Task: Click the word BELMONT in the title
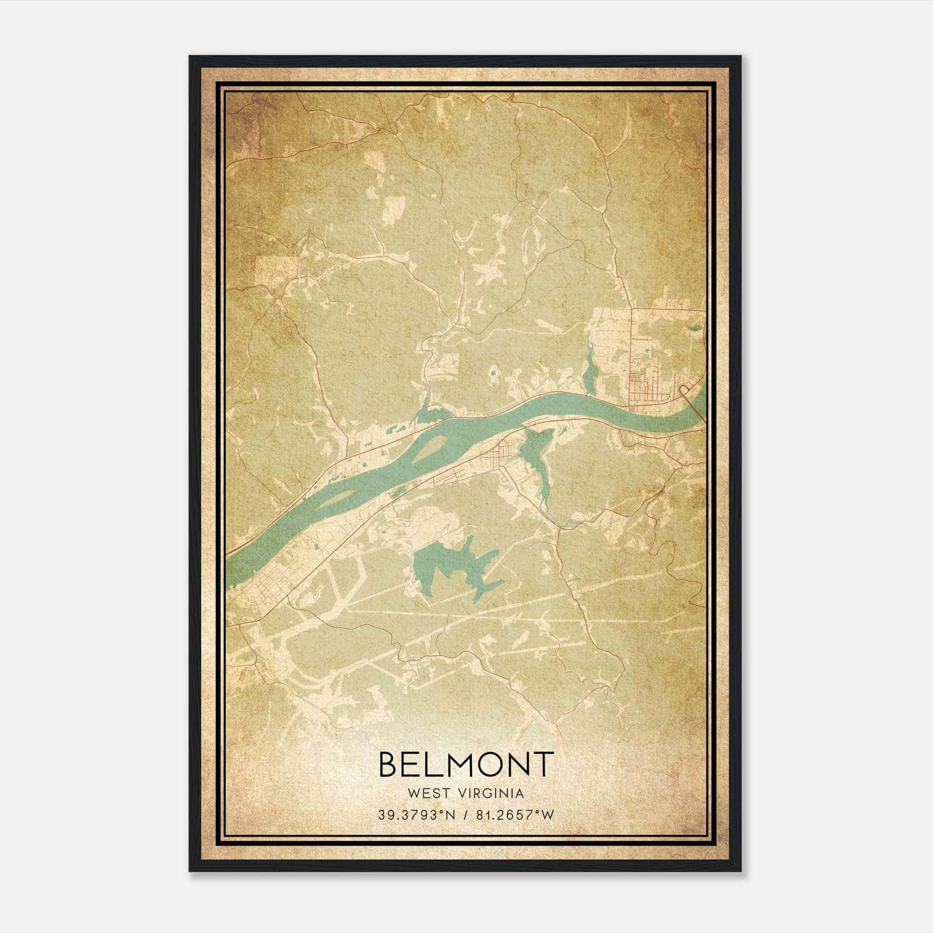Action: point(465,764)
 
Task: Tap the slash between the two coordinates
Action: point(465,815)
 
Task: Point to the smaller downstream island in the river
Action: point(340,498)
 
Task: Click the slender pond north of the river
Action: point(590,367)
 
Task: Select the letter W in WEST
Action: point(415,793)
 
